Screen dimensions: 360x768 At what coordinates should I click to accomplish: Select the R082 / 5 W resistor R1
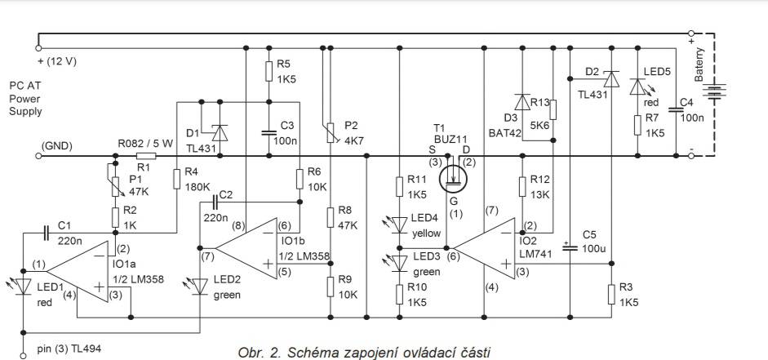(x=146, y=154)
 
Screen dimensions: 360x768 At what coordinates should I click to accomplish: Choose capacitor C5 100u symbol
(x=569, y=246)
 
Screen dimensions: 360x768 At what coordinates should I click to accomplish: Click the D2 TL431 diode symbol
(x=609, y=80)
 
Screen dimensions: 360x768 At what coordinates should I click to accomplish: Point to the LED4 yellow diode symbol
(x=400, y=222)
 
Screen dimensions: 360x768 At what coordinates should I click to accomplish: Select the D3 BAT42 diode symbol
(x=521, y=103)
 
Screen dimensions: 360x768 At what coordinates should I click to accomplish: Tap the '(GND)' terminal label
(x=56, y=147)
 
